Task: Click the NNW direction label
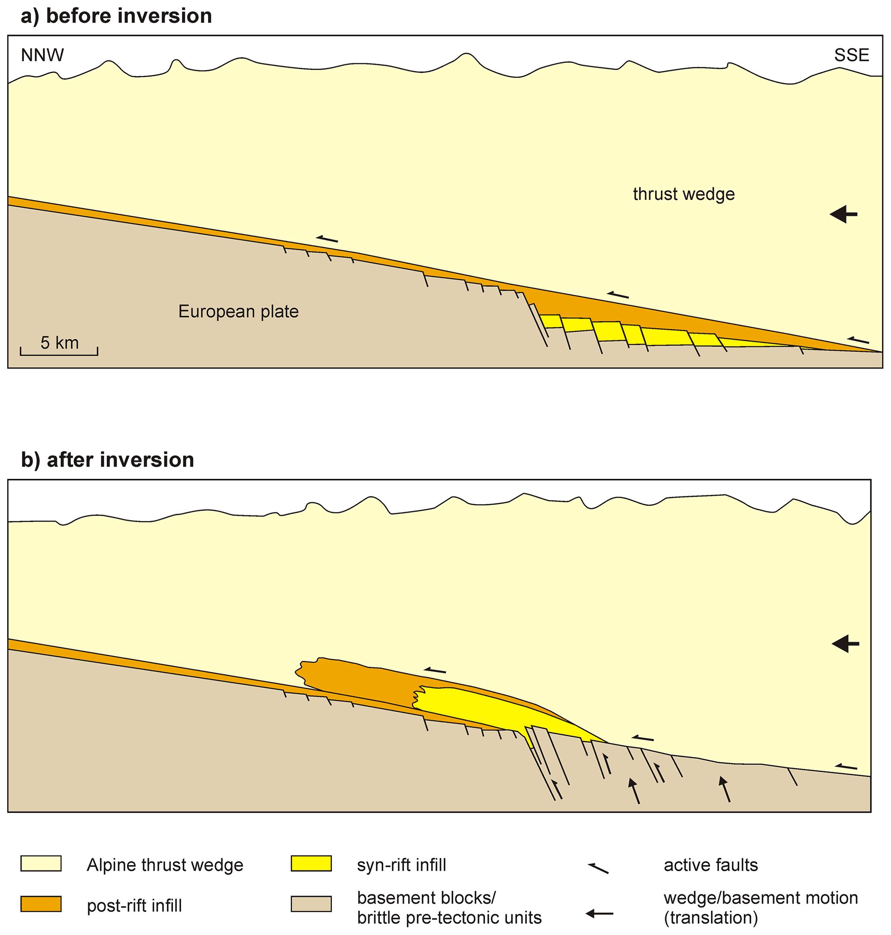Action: coord(42,56)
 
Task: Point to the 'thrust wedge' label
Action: coord(684,194)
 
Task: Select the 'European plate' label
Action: coord(238,312)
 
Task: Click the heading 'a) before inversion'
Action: coord(116,16)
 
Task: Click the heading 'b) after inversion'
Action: coord(107,460)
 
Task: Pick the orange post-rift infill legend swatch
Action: coord(41,904)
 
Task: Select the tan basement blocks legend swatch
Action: coord(311,904)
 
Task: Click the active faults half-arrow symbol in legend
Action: coord(598,868)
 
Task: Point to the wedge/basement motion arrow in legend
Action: coord(599,913)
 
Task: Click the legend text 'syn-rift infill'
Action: coord(401,865)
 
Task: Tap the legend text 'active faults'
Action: coord(710,865)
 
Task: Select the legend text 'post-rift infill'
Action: coord(134,906)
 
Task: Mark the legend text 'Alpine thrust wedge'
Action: coord(165,865)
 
